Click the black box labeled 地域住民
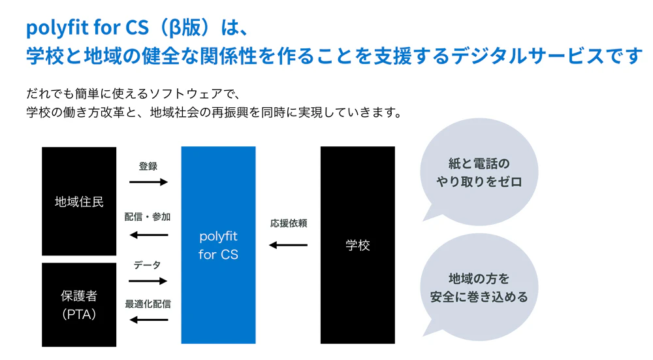(79, 201)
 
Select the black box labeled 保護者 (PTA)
(79, 304)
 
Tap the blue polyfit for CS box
(218, 245)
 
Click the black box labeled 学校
(357, 245)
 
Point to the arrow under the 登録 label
(148, 182)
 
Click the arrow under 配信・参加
(148, 235)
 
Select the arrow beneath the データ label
(148, 281)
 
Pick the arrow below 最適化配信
(148, 320)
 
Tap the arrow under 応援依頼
(288, 245)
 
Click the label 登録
(148, 167)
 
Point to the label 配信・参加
(148, 217)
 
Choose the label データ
(148, 265)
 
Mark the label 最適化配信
(148, 304)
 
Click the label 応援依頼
(289, 223)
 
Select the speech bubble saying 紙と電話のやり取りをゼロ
(479, 173)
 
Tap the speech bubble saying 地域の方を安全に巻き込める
(479, 287)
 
